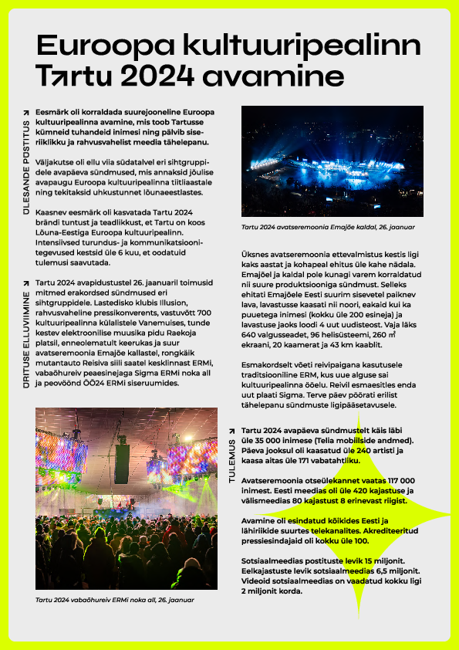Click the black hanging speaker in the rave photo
pyautogui.click(x=122, y=462)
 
